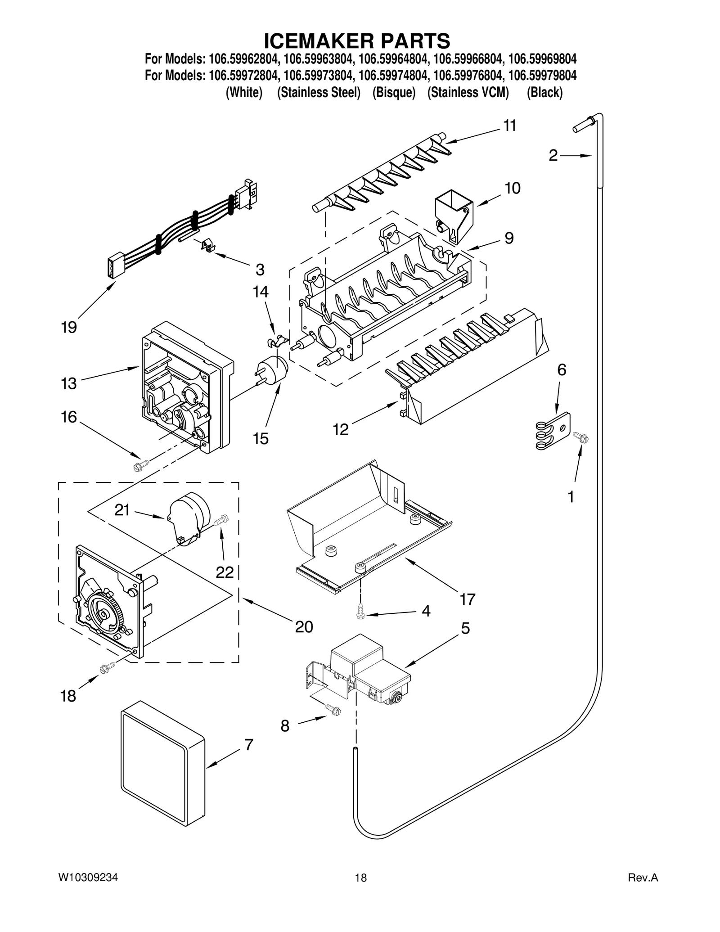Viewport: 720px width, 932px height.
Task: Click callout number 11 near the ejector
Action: coord(509,126)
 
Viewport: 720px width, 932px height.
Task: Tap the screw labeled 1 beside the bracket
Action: coord(580,436)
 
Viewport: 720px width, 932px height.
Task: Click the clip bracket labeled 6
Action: coord(553,431)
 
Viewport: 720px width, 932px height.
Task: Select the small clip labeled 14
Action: coord(276,341)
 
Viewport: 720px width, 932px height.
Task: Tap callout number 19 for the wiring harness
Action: coord(69,327)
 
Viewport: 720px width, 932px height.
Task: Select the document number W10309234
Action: coord(88,878)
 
